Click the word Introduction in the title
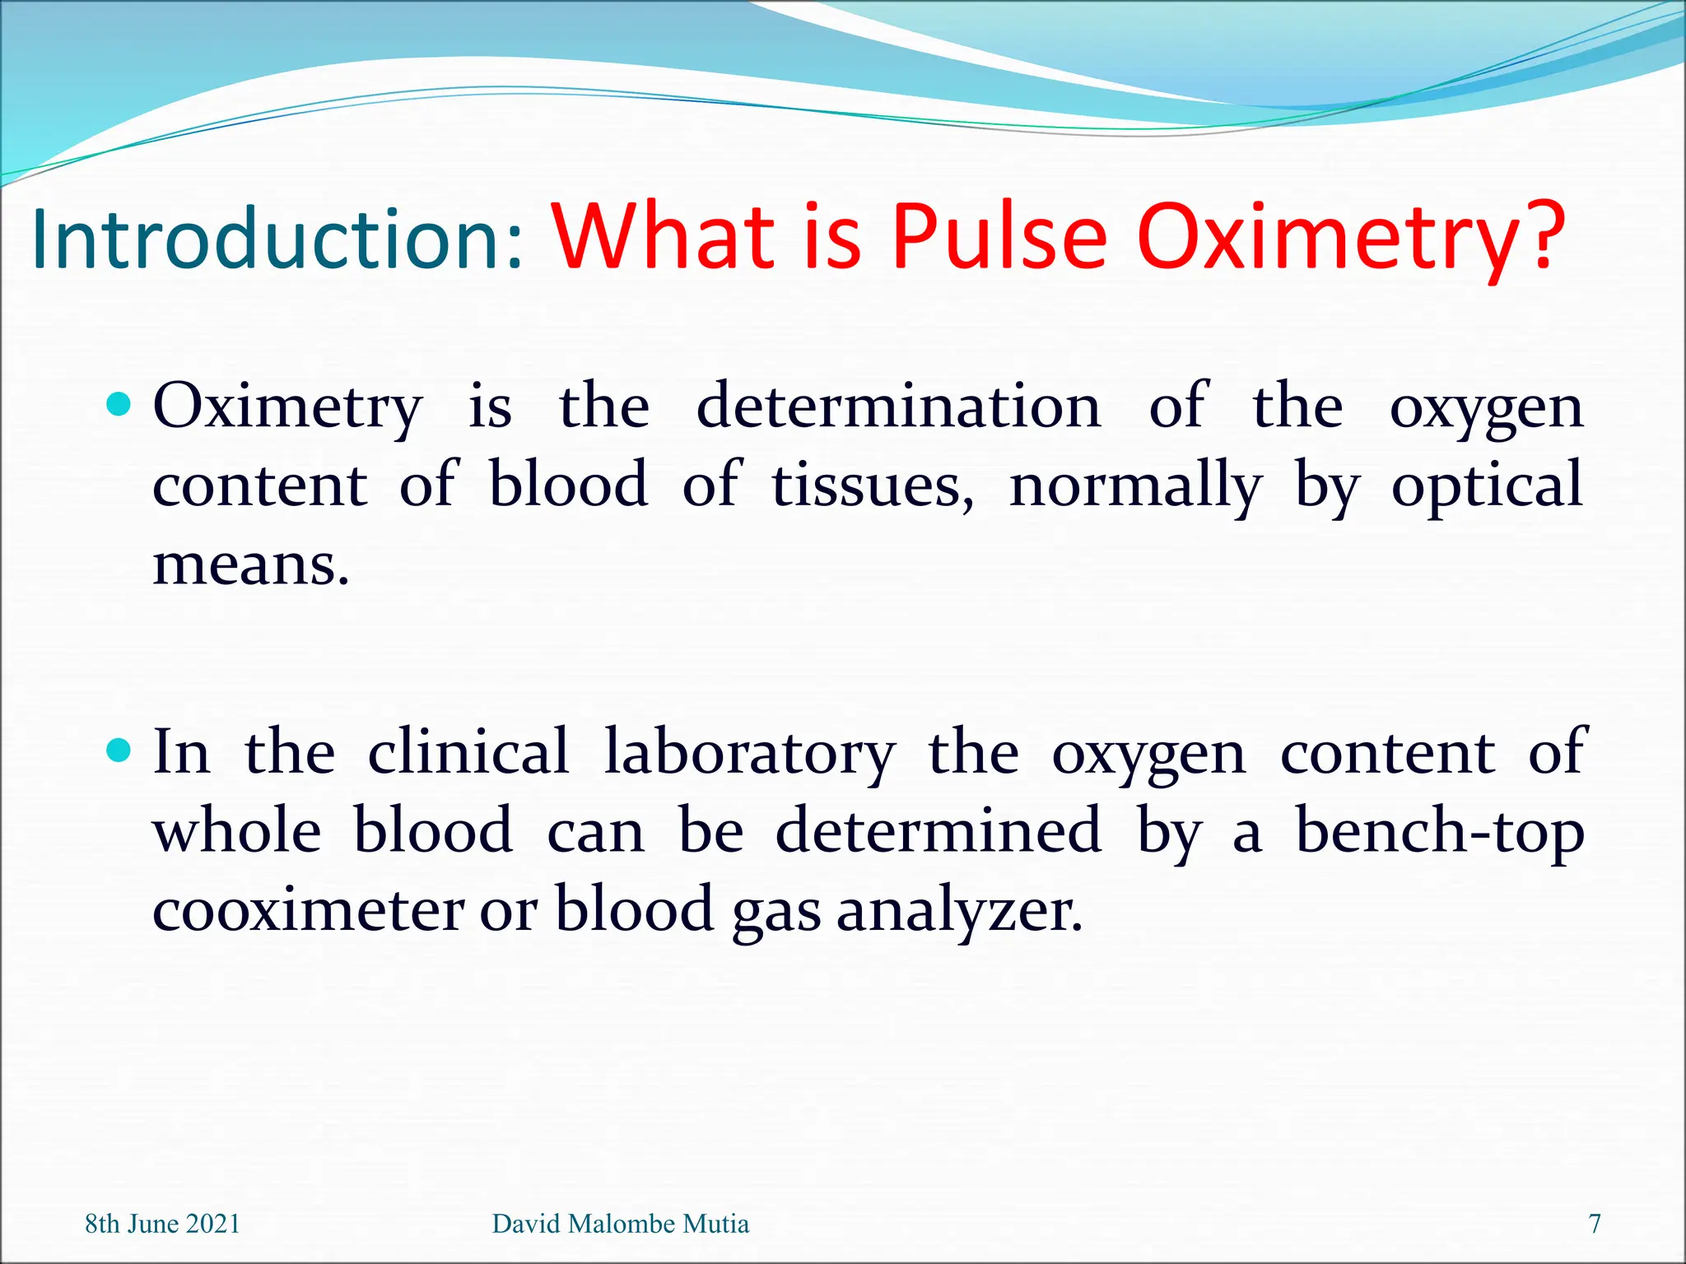(276, 239)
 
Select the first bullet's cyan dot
(119, 404)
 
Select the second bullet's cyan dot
(119, 750)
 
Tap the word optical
(1487, 486)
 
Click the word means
(251, 565)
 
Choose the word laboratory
(749, 753)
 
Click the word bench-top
(1439, 831)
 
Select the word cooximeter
(309, 910)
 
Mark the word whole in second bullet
(237, 830)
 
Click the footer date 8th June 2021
(162, 1224)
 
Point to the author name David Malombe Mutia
(620, 1224)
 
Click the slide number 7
(1595, 1224)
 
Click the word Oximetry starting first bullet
(287, 407)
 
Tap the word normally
(1135, 486)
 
